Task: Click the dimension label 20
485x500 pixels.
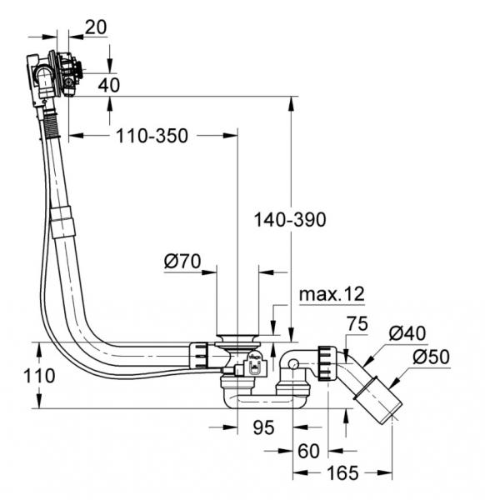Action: click(x=96, y=27)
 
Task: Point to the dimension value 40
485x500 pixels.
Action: click(x=108, y=85)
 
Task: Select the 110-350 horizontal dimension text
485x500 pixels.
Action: click(x=152, y=136)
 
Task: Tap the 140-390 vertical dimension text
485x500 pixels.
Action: click(x=290, y=220)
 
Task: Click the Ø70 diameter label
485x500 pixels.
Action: click(x=182, y=262)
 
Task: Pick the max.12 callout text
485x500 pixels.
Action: click(x=332, y=294)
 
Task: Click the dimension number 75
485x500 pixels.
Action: click(x=357, y=323)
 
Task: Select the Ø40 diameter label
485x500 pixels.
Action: click(x=407, y=333)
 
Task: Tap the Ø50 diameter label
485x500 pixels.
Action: click(x=431, y=357)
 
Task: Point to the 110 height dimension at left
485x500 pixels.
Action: click(x=39, y=376)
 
